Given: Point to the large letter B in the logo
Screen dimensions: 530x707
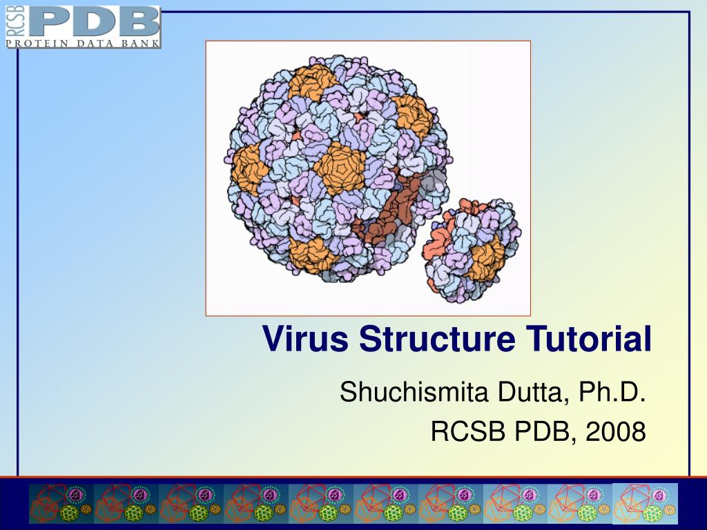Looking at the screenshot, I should pyautogui.click(x=138, y=21).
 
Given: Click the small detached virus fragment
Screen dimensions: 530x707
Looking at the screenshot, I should pyautogui.click(x=474, y=249).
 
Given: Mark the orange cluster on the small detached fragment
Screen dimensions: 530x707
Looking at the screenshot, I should pyautogui.click(x=487, y=258).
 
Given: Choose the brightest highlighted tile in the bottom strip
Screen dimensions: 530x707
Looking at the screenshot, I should pyautogui.click(x=645, y=503).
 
